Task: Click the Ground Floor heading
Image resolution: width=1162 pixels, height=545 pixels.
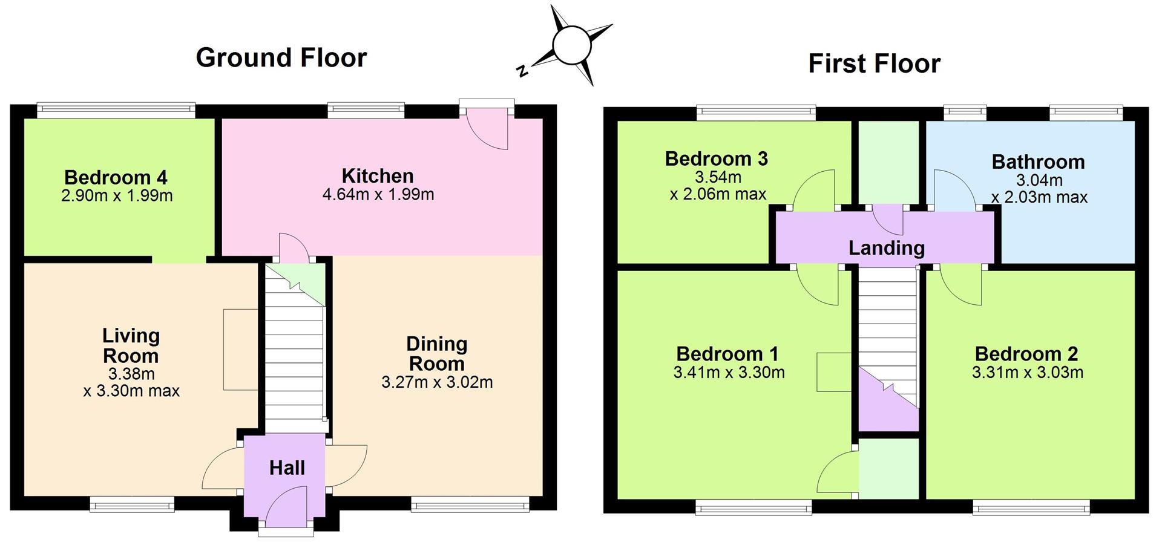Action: [281, 58]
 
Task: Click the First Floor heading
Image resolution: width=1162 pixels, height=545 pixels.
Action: [875, 64]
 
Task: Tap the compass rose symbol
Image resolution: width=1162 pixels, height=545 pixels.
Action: [572, 45]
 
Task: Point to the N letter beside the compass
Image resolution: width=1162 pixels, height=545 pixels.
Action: [522, 71]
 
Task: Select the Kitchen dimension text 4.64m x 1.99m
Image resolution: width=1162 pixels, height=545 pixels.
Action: [378, 195]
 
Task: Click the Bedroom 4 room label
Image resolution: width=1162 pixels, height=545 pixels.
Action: [116, 177]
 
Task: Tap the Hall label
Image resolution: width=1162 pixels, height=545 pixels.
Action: [287, 468]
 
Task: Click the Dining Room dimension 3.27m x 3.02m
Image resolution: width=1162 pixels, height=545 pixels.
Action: [437, 382]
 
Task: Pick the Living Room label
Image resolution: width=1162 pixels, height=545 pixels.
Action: [131, 345]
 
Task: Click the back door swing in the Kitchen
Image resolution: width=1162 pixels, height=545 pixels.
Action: [488, 128]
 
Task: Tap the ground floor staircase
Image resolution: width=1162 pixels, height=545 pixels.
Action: [295, 348]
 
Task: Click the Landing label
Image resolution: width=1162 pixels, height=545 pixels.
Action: [887, 248]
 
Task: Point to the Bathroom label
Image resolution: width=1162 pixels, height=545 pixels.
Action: [1038, 162]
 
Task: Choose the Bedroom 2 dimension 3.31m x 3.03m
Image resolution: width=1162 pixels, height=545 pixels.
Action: [1028, 373]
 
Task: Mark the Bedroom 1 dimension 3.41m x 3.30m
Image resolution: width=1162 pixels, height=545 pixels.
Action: [729, 373]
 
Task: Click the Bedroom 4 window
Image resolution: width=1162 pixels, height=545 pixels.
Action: [116, 109]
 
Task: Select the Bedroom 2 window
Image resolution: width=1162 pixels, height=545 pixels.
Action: [1031, 507]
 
